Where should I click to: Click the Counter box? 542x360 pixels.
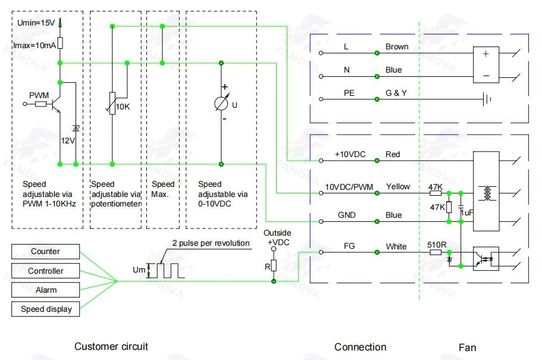[x=46, y=252]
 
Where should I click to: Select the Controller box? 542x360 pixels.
[x=46, y=271]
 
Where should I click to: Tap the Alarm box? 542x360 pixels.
[x=46, y=290]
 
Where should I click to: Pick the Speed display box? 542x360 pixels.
[x=46, y=309]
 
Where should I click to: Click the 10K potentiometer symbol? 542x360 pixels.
[x=112, y=104]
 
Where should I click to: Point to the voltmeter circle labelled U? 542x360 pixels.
[x=221, y=104]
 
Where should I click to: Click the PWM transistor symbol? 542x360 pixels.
[x=56, y=104]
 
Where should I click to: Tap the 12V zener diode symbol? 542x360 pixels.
[x=76, y=129]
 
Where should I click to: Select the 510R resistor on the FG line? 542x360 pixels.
[x=436, y=252]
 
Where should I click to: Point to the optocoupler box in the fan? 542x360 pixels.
[x=485, y=258]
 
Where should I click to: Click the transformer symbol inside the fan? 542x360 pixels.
[x=487, y=193]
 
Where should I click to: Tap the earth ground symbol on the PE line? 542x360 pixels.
[x=487, y=99]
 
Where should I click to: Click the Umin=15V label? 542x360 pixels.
[x=36, y=23]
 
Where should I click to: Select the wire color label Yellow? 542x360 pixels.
[x=398, y=187]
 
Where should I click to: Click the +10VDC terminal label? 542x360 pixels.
[x=350, y=154]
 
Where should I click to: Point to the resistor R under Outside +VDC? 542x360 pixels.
[x=274, y=265]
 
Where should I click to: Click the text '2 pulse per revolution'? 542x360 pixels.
[x=211, y=243]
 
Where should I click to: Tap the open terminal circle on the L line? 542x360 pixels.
[x=321, y=53]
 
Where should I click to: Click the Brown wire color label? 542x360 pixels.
[x=397, y=46]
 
